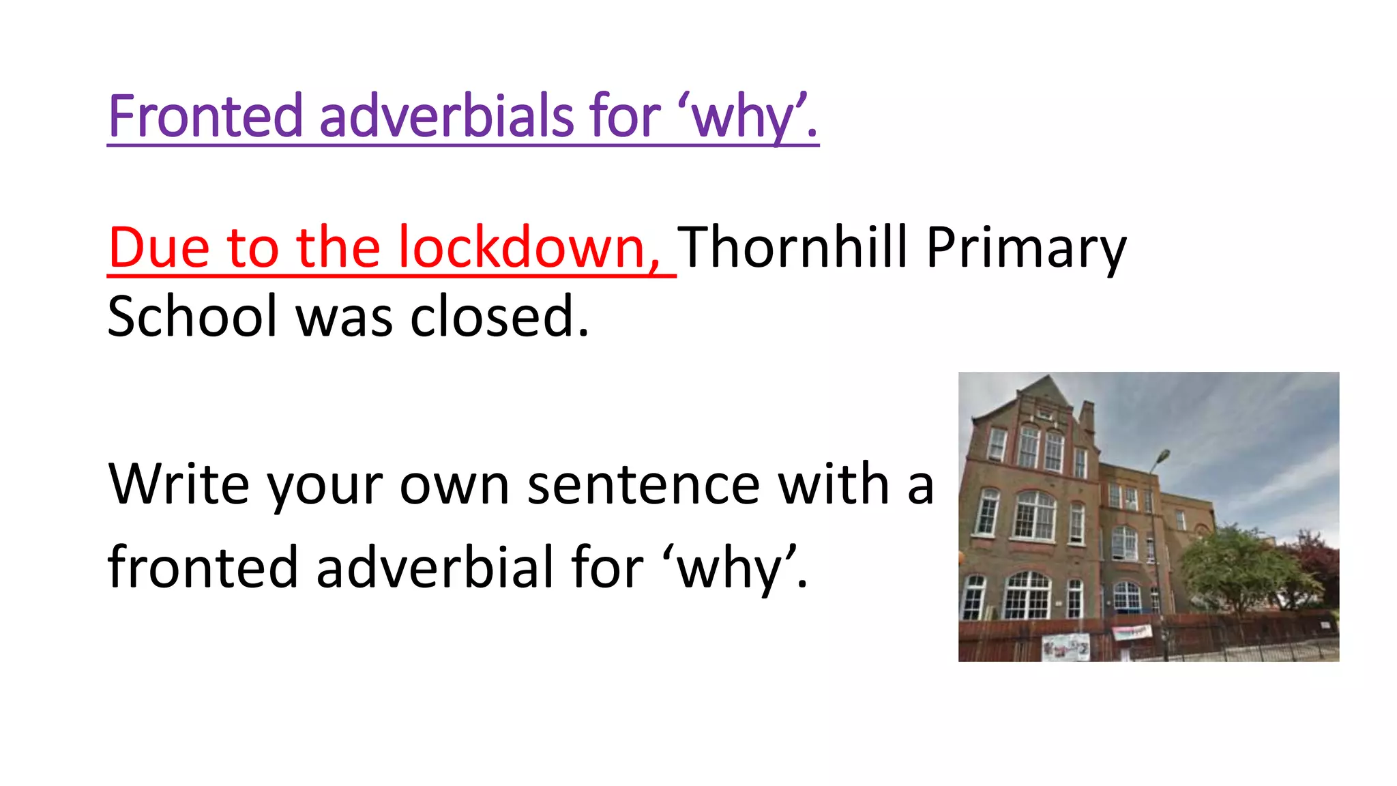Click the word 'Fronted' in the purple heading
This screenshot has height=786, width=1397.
205,116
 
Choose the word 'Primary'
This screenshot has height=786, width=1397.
1026,249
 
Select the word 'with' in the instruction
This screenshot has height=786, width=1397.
834,484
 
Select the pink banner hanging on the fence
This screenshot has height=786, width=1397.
1132,632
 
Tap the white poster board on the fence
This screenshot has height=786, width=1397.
1065,647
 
